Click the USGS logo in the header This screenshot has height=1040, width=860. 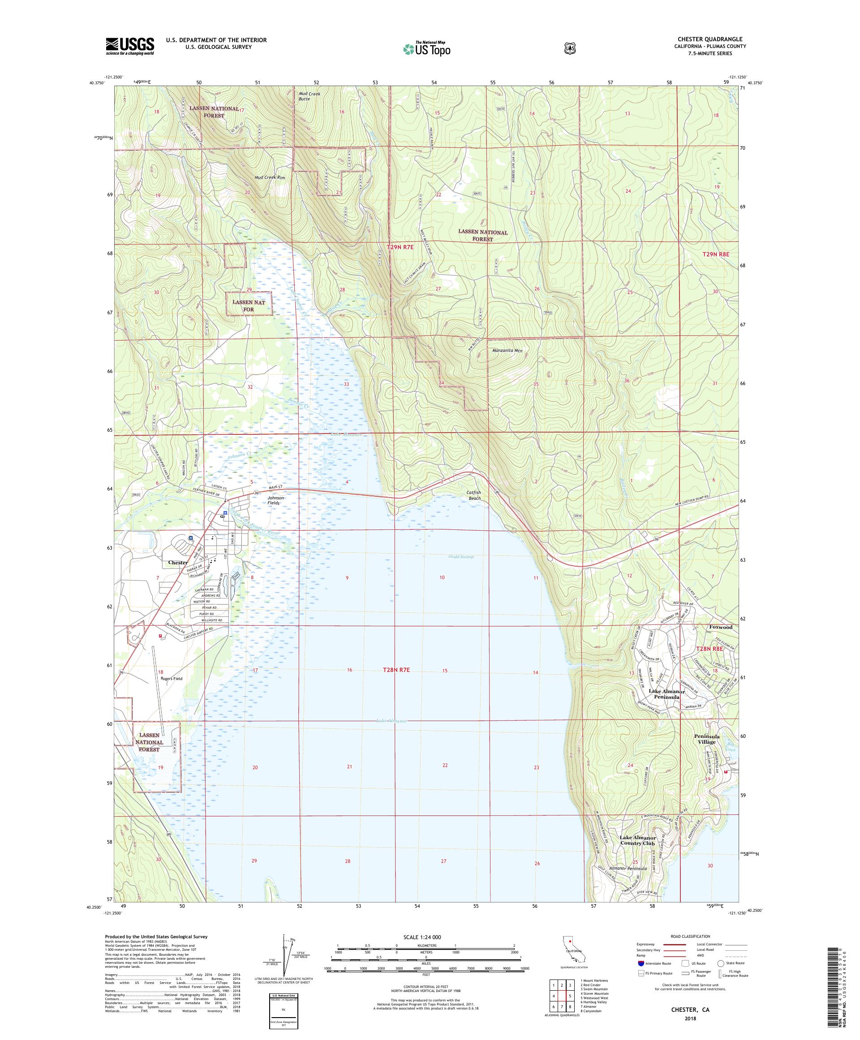[x=129, y=46]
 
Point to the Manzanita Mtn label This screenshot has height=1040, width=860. [x=507, y=351]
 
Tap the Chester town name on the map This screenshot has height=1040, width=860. [x=178, y=563]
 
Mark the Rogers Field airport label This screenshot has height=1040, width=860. [x=171, y=679]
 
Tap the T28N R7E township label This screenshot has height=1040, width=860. [x=396, y=670]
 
